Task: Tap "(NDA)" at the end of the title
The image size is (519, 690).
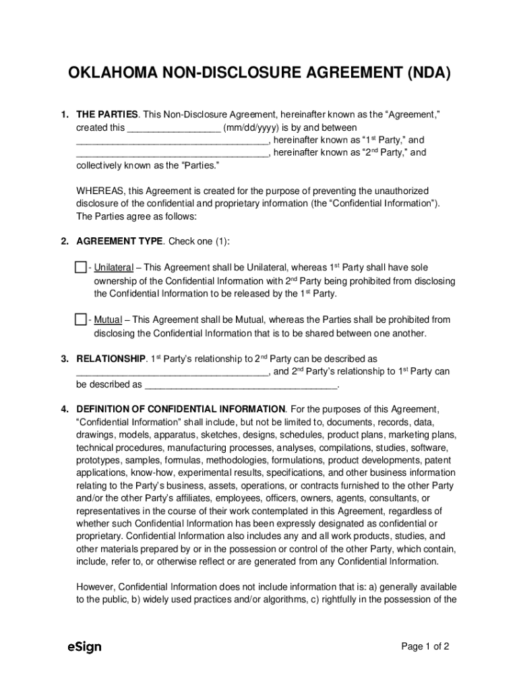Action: (426, 73)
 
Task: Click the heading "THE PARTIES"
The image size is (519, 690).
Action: (107, 115)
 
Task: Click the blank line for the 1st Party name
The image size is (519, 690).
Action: (172, 141)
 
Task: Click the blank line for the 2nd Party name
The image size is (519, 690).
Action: (172, 153)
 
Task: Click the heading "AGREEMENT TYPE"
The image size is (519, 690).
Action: (119, 241)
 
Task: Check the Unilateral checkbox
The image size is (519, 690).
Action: (81, 268)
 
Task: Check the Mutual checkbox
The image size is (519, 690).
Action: (81, 319)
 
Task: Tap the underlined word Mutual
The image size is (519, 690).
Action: (108, 320)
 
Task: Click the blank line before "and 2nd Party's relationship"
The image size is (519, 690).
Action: (172, 372)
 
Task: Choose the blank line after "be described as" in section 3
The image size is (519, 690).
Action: (241, 385)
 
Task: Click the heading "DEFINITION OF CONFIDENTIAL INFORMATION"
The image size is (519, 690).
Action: (181, 409)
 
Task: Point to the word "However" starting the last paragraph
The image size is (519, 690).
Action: (96, 586)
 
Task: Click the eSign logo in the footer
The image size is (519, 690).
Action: (84, 647)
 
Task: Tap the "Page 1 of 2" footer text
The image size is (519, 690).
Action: (425, 647)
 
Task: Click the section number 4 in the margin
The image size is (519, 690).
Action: (64, 409)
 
